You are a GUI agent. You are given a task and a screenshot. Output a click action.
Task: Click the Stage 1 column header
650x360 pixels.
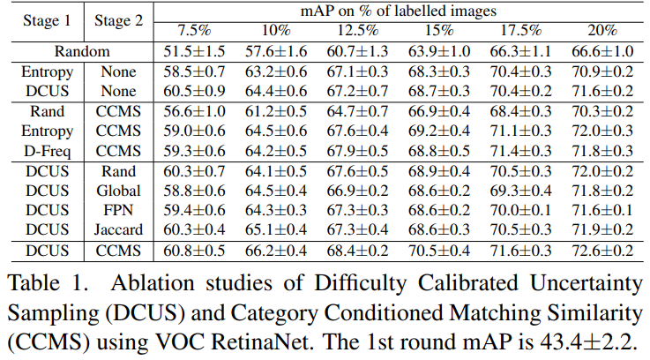tap(46, 20)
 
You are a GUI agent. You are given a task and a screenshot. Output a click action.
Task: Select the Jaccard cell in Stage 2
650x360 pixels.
tap(117, 229)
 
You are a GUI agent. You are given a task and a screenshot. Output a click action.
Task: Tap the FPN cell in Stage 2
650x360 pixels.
tap(117, 210)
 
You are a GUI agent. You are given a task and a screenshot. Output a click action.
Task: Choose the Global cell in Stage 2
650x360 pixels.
tap(117, 190)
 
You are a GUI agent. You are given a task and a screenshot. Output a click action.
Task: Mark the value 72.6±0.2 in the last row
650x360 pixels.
tap(601, 251)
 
